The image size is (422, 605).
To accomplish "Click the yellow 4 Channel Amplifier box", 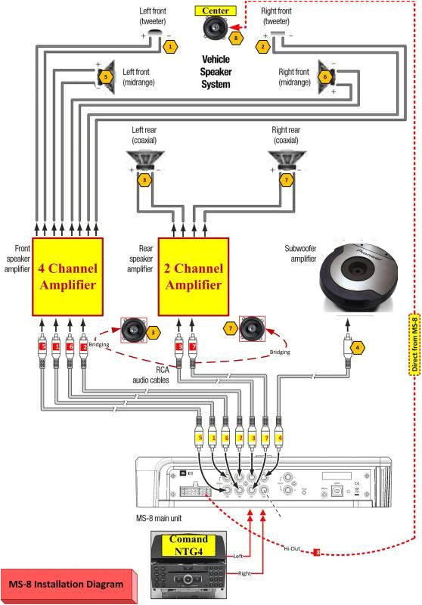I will click(67, 277).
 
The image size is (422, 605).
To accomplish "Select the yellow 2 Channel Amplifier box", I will click(193, 277).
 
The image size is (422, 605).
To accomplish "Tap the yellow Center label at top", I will click(217, 11).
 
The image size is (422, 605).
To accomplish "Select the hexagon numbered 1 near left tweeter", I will click(171, 46).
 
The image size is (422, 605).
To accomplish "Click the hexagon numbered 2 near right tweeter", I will click(263, 46).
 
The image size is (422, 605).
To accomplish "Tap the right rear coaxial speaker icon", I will click(287, 161).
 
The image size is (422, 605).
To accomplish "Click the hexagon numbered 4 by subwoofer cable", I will click(358, 348).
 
